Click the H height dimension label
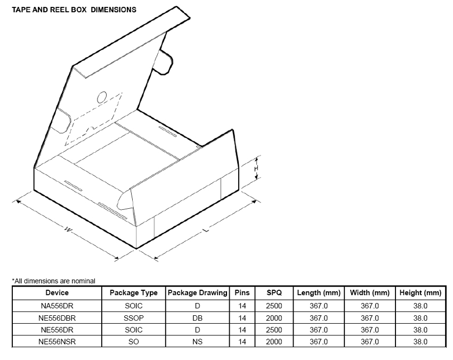point(256,168)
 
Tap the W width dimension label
point(68,230)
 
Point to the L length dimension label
point(206,230)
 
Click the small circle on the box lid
point(102,97)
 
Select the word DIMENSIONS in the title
point(114,10)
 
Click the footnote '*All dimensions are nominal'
point(53,281)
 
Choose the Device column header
point(57,293)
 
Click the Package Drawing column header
point(198,293)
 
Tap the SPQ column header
point(274,293)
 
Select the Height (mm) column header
point(420,293)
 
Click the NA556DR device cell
point(57,306)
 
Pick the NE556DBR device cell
point(57,318)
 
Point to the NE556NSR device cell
point(57,342)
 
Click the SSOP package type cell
point(133,318)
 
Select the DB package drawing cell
point(198,318)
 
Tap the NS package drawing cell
point(198,342)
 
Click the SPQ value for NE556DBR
point(274,318)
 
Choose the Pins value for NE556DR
point(242,330)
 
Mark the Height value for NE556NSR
point(420,342)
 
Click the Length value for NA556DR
point(319,306)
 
